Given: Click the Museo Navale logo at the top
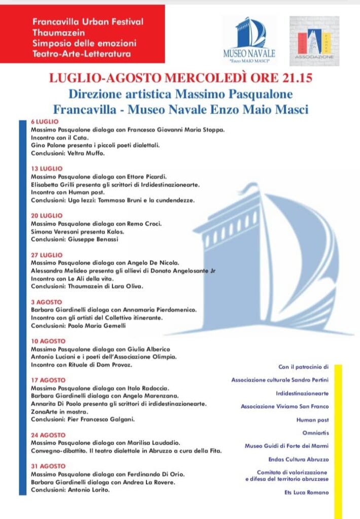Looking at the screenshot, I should click(249, 40).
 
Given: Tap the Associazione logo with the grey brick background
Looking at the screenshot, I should click(314, 41).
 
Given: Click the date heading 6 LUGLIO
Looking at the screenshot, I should click(45, 122).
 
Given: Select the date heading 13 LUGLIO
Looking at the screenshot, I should click(47, 168).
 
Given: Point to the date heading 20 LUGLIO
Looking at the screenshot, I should click(47, 215).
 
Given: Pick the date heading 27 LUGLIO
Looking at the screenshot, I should click(47, 255).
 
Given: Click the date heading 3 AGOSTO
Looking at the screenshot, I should click(47, 302).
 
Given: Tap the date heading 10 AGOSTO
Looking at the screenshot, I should click(48, 342).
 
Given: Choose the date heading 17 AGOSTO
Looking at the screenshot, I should click(48, 380).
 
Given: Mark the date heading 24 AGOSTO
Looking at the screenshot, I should click(48, 435).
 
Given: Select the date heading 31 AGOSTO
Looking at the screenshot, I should click(48, 466).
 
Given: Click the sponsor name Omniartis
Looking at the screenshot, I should click(316, 433).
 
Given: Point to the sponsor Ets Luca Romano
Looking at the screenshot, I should click(306, 493).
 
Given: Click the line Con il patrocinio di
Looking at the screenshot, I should click(304, 366).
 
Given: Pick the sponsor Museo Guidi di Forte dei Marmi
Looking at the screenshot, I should click(286, 446).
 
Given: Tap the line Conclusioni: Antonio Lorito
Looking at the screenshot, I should click(70, 490).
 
